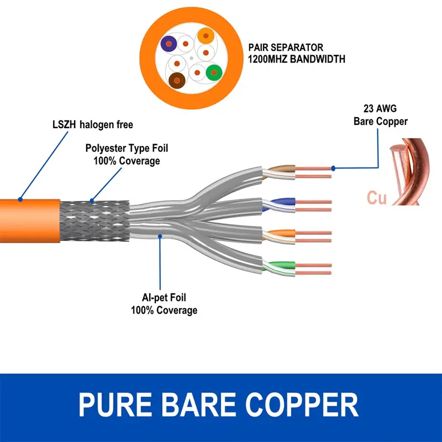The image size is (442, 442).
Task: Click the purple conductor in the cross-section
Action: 168,43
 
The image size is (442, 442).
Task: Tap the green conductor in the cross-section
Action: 213,72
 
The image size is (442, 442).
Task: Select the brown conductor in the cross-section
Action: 176,81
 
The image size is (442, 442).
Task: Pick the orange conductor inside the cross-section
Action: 205,36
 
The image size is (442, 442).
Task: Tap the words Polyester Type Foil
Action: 127,148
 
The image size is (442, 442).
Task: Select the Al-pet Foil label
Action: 164,298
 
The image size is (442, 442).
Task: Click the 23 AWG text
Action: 380,108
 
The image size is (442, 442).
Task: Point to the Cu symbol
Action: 376,197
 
